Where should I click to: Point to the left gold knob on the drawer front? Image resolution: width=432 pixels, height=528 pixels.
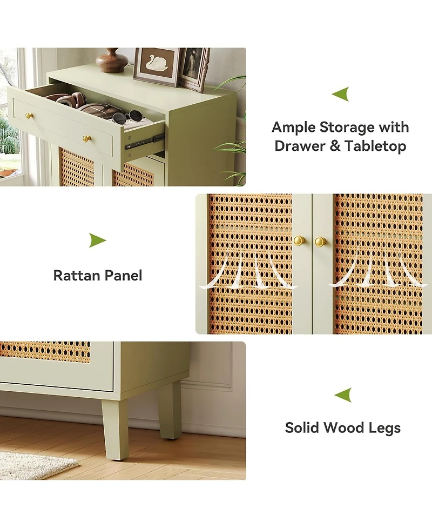point(29,116)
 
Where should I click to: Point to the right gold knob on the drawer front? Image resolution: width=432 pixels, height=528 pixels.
point(87,138)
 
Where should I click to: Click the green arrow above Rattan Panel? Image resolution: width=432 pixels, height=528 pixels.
point(98,240)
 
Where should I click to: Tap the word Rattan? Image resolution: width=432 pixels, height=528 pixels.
point(77,276)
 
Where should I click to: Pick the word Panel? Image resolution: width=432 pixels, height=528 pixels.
point(123,276)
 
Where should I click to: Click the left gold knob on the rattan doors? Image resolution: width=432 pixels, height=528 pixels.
point(299,240)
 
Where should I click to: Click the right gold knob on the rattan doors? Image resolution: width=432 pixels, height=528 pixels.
point(320,242)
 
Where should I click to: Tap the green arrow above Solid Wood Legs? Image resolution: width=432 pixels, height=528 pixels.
point(343,395)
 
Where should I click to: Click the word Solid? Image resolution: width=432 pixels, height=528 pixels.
point(302,427)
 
